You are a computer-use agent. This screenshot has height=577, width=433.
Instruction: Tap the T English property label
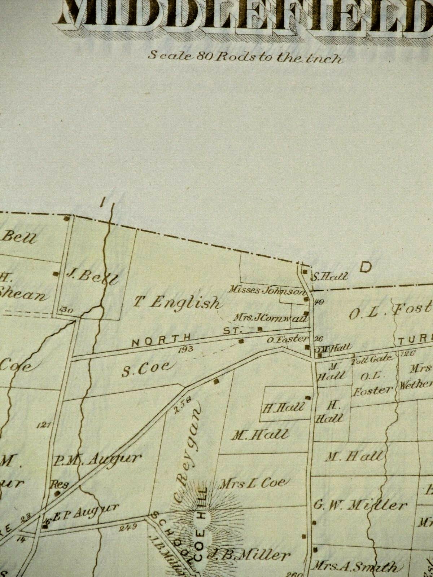tap(177, 302)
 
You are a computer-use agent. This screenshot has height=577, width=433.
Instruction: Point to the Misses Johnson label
tap(267, 290)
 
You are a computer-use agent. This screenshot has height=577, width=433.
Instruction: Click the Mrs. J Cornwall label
tap(270, 318)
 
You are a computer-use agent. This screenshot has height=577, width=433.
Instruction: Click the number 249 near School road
tap(127, 527)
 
